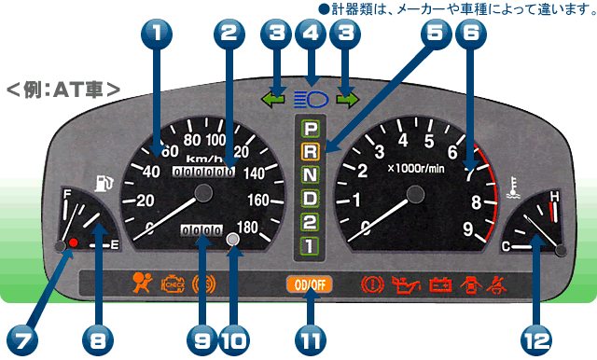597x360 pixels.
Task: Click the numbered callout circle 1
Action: click(158, 37)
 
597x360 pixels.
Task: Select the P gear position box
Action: click(310, 127)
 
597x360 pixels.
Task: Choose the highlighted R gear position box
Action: click(310, 150)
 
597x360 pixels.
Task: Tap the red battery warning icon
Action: click(439, 283)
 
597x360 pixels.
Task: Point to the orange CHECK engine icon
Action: click(174, 282)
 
